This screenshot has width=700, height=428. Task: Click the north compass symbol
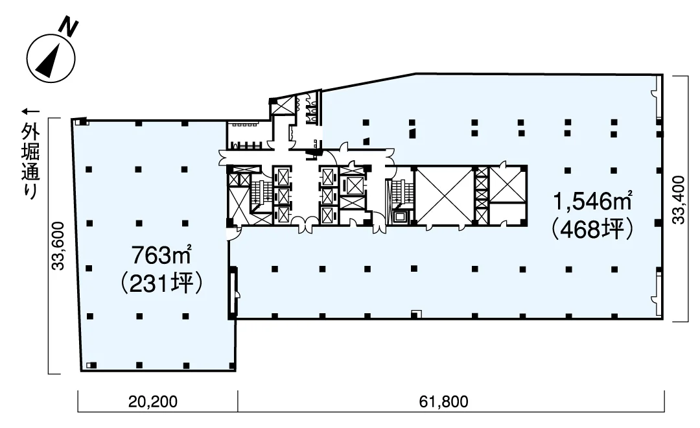point(51,58)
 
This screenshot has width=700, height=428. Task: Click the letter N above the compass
point(69,26)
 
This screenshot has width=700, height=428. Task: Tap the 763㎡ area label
point(161,255)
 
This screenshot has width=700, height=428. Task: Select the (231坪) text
point(162,283)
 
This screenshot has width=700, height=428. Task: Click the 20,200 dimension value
point(153,401)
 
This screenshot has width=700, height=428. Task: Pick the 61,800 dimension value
point(444,401)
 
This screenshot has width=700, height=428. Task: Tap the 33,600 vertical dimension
point(58,246)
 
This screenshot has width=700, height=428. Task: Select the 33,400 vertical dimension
point(678,200)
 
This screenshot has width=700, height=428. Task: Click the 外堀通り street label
point(31,163)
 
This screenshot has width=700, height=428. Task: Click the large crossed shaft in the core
point(444,195)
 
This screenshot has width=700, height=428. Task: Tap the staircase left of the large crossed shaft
point(399,196)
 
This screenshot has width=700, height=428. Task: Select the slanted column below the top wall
point(366,141)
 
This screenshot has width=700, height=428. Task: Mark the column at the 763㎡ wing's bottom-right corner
point(232,366)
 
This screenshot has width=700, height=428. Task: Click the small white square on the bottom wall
point(416,314)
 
